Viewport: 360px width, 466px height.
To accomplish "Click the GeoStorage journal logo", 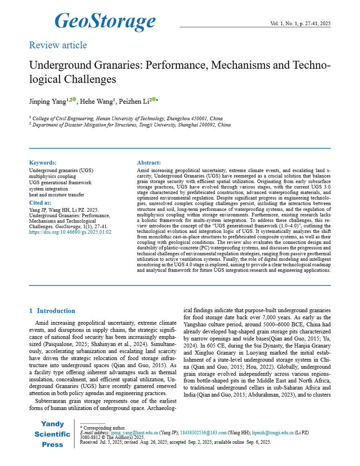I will [x=105, y=21].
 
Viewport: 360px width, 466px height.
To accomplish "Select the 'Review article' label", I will [x=58, y=45].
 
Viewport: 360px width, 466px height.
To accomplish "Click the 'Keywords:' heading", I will [x=43, y=163].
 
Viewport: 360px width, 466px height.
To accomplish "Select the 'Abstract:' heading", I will [x=149, y=163].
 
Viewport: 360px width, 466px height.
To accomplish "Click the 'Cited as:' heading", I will [x=40, y=203].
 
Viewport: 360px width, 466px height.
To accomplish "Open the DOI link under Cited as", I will [x=70, y=231].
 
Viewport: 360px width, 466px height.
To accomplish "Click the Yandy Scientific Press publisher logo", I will [x=52, y=434].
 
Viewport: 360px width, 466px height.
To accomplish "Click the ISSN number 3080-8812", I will [x=90, y=438].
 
